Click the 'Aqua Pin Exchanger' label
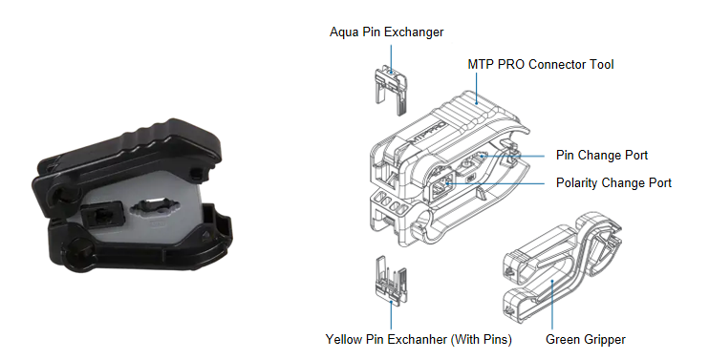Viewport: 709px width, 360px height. point(387,32)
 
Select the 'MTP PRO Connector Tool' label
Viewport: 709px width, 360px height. point(541,65)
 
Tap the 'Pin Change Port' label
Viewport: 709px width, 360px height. point(602,156)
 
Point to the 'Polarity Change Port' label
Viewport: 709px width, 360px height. point(613,183)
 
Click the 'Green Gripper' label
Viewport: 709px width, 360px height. point(586,340)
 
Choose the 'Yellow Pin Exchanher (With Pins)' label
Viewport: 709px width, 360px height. point(419,339)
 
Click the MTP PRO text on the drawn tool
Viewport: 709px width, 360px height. point(428,133)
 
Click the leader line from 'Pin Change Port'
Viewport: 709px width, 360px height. point(513,157)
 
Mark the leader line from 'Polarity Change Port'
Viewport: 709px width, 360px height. point(496,184)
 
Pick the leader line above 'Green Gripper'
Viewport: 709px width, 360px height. point(552,305)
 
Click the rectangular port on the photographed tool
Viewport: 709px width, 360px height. point(102,215)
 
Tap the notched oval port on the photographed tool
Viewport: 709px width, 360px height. point(153,209)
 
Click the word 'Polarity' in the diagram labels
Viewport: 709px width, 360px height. point(577,183)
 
